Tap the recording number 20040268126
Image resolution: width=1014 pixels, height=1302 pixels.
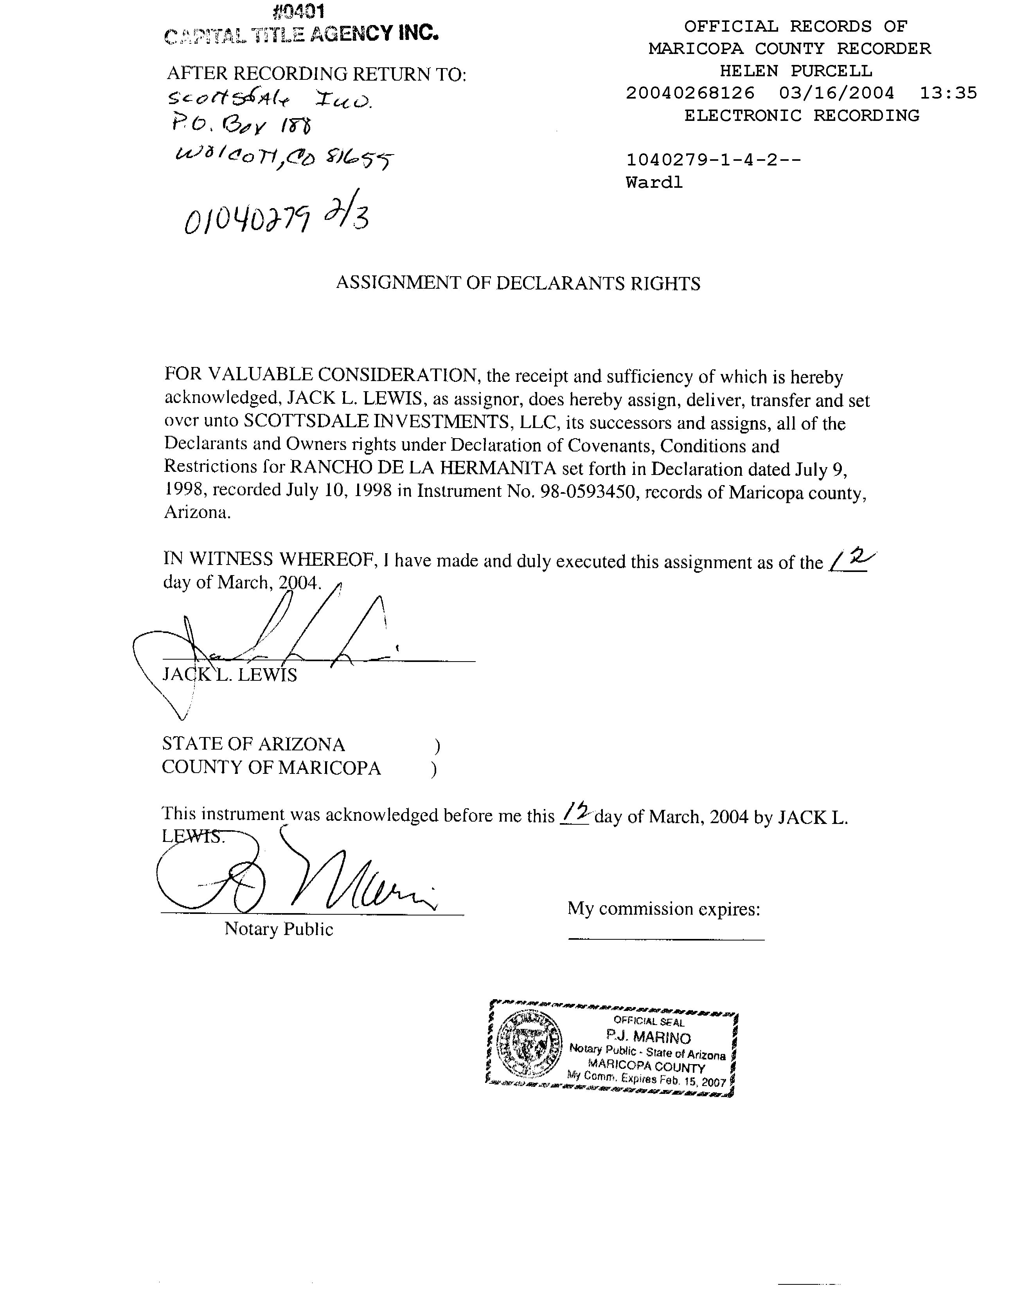click(690, 94)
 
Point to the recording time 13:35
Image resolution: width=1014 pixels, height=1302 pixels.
click(948, 94)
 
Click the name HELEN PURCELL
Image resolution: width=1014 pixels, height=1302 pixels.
click(795, 71)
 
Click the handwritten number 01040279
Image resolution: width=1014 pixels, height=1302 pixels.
click(247, 220)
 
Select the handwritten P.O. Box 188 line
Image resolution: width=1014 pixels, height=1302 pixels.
click(241, 124)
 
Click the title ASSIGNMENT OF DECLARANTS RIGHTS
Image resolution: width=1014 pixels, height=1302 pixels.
click(518, 283)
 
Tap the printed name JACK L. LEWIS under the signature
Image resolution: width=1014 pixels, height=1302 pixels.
click(230, 675)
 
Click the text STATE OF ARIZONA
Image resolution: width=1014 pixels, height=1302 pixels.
click(253, 745)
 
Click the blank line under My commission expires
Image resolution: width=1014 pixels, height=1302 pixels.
click(665, 940)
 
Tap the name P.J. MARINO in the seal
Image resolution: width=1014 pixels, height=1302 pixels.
click(648, 1038)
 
